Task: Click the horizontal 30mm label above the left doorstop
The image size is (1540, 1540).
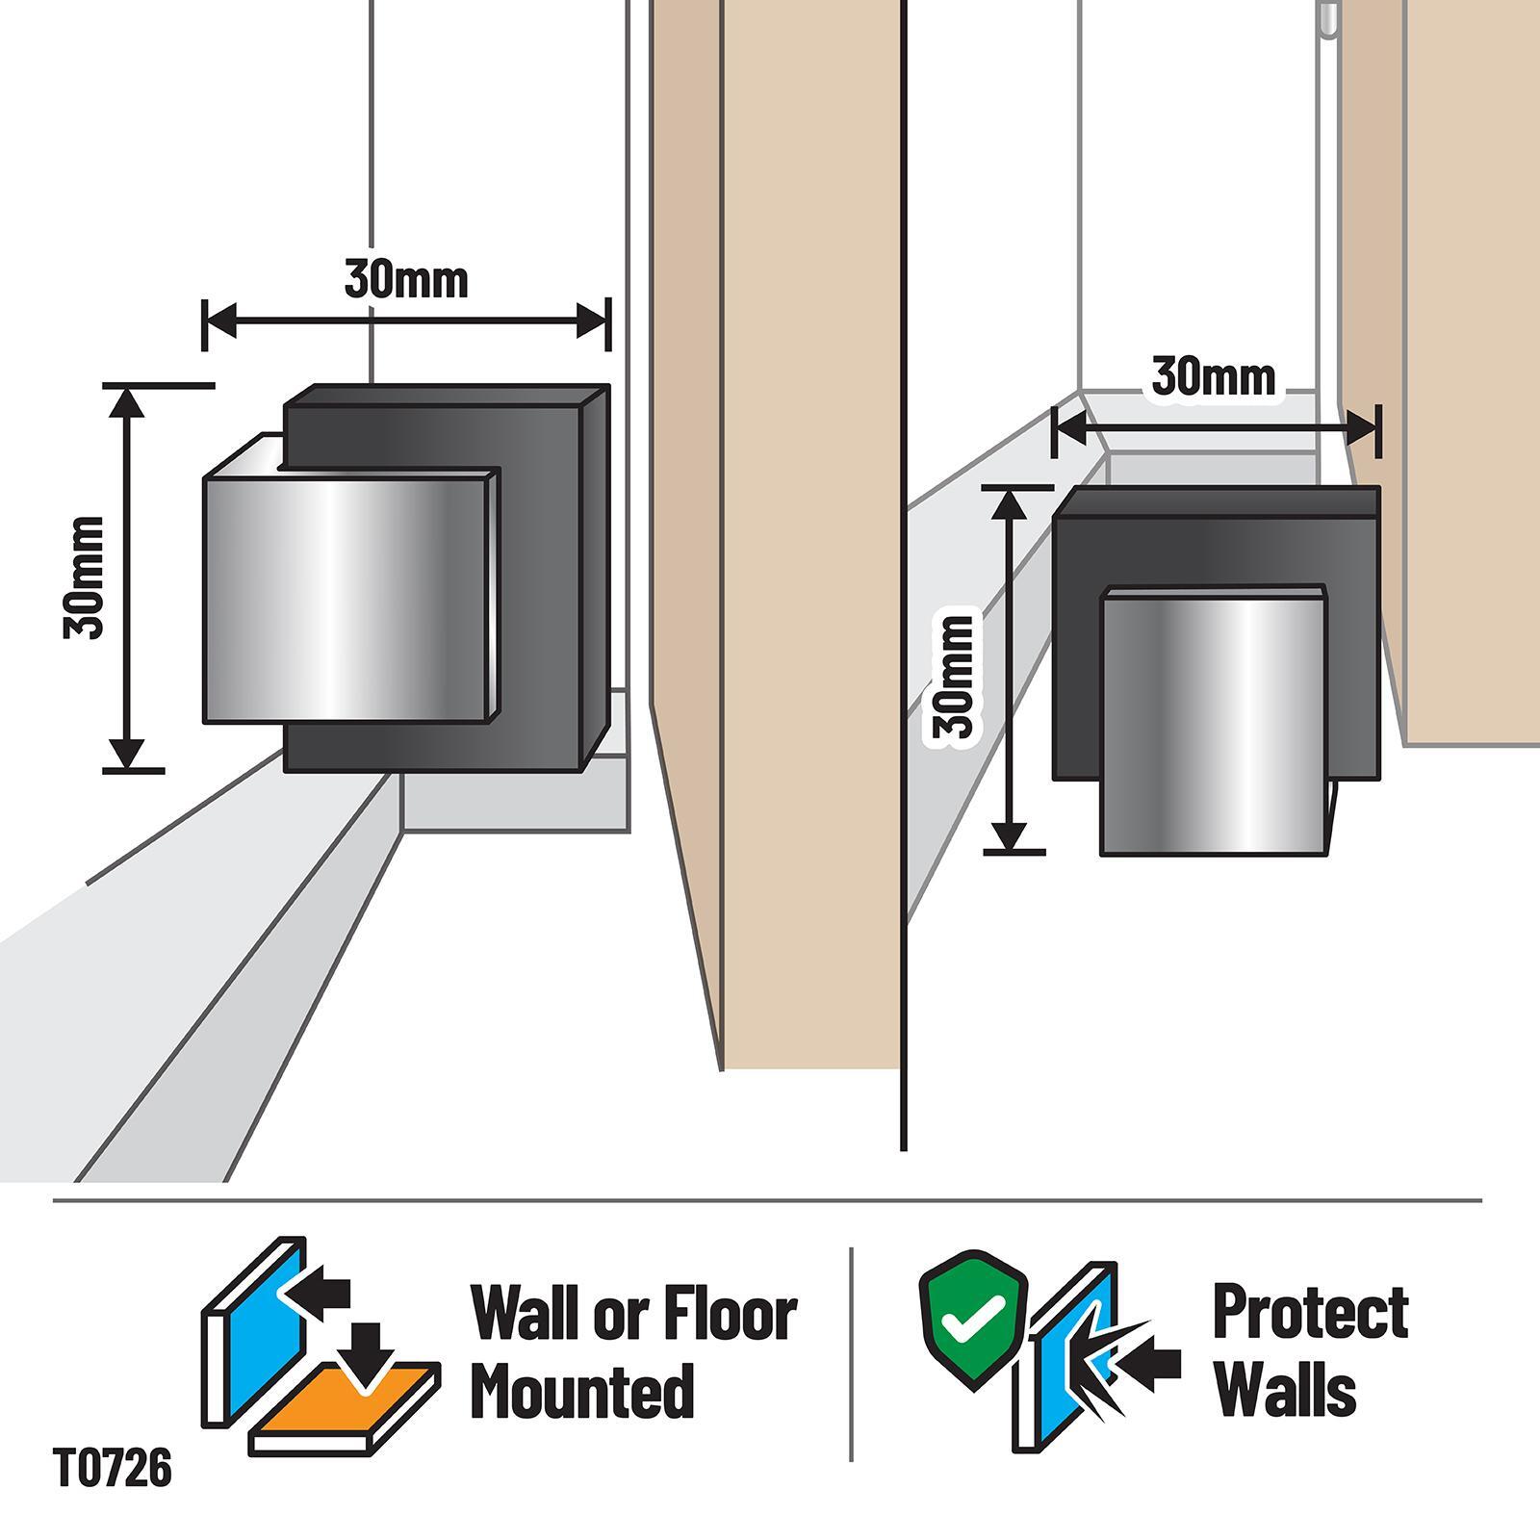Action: [406, 279]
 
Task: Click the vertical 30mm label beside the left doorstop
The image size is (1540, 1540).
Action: [85, 577]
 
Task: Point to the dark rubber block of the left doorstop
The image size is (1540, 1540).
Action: [544, 577]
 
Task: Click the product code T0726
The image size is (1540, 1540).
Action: [113, 1470]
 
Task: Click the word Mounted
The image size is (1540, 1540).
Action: [582, 1391]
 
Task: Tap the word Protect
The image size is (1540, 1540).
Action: [1310, 1311]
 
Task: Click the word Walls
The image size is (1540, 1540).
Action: [1286, 1391]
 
